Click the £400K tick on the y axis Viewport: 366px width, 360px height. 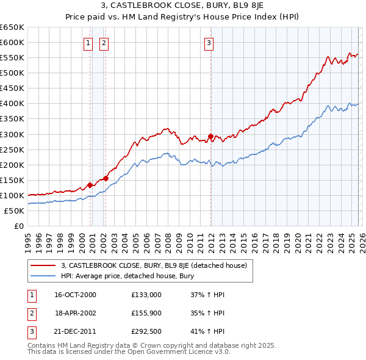click(x=12, y=104)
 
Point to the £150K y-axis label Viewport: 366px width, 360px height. click(x=12, y=180)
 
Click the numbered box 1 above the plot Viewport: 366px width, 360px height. click(x=88, y=43)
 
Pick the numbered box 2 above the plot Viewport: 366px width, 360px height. click(x=104, y=43)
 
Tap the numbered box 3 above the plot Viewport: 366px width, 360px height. click(x=209, y=43)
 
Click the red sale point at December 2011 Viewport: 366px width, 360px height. click(x=210, y=136)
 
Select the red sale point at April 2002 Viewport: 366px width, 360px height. click(x=106, y=178)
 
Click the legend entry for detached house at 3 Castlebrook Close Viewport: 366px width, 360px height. click(x=154, y=265)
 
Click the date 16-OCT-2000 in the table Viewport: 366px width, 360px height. click(x=76, y=295)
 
